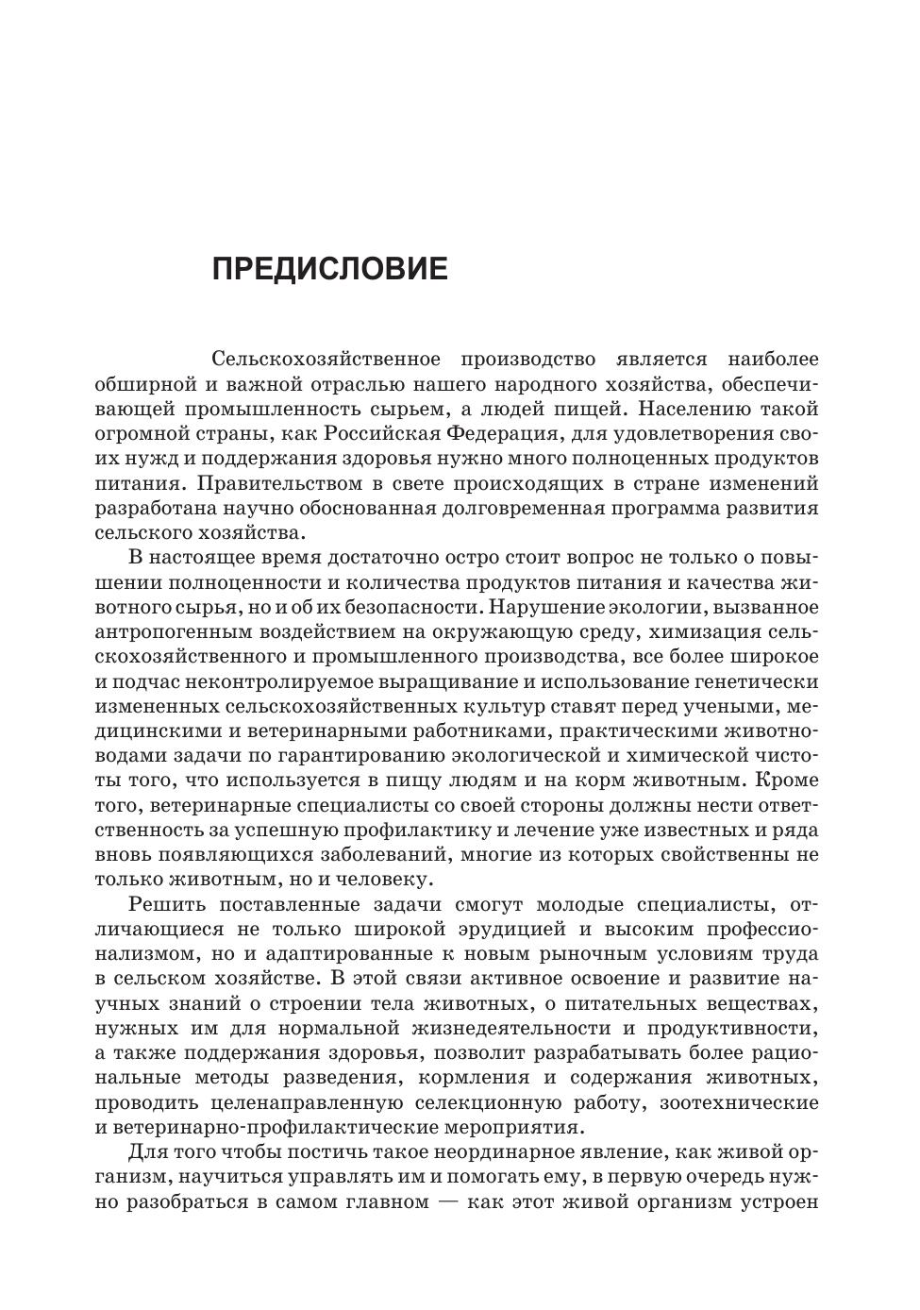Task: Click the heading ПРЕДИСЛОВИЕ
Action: pyautogui.click(x=329, y=269)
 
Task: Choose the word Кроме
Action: pyautogui.click(x=787, y=781)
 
